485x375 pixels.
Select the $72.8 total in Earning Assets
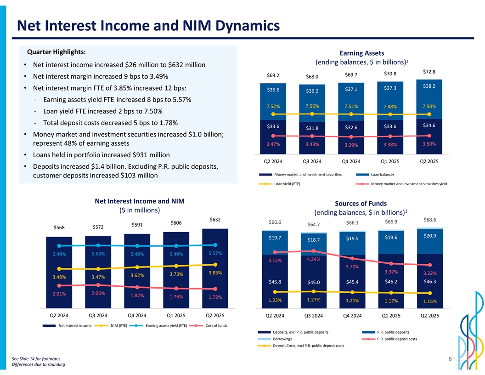click(429, 72)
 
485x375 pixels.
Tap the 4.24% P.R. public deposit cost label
click(313, 259)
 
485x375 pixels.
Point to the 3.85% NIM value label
click(215, 273)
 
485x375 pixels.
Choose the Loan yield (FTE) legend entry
click(287, 184)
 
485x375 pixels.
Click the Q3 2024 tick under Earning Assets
click(313, 161)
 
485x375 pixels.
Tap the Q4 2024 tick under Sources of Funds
click(351, 316)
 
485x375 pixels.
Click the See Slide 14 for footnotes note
click(36, 358)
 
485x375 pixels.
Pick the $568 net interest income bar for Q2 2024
click(59, 271)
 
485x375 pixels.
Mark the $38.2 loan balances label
click(429, 86)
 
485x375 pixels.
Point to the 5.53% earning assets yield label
click(98, 254)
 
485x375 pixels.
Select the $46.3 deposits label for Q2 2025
click(429, 281)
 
